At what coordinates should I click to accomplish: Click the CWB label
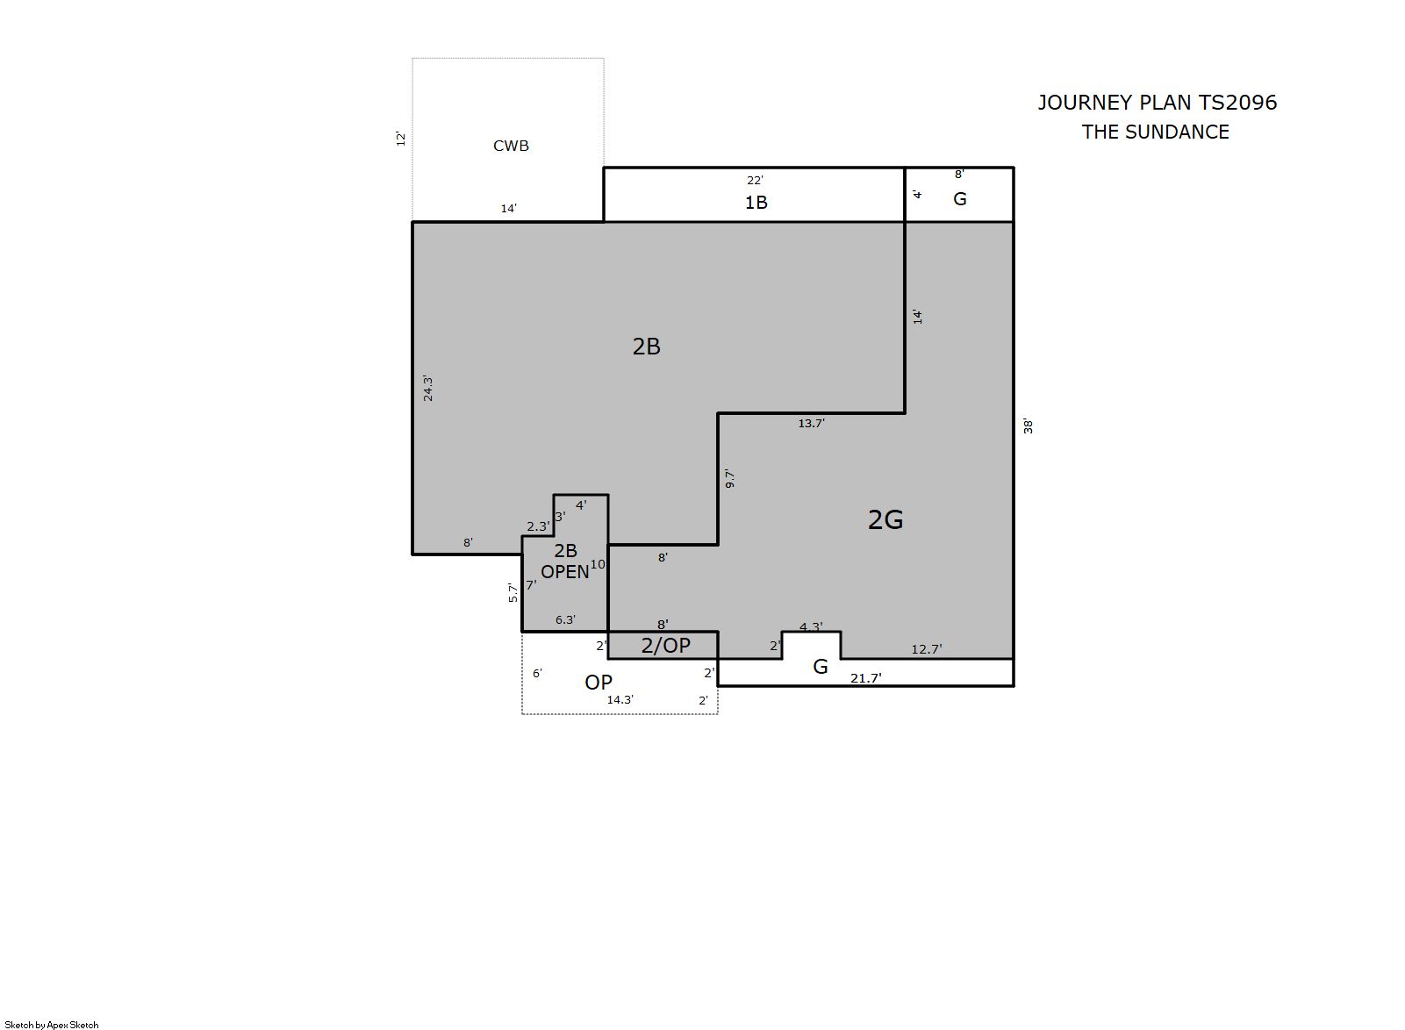pos(511,146)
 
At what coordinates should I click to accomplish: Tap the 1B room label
pos(756,203)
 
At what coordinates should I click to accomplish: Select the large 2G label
pos(885,519)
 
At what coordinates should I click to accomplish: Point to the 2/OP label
pos(665,646)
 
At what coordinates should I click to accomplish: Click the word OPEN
pos(564,572)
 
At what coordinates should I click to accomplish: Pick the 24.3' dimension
pos(427,388)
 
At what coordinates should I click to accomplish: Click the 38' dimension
pos(1028,426)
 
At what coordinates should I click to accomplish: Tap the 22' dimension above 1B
pos(755,181)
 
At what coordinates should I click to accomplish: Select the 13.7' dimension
pos(811,424)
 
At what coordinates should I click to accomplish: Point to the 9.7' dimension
pos(729,478)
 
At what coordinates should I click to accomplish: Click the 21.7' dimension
pos(865,677)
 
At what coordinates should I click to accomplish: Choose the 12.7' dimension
pos(927,649)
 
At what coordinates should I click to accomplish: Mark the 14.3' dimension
pos(620,699)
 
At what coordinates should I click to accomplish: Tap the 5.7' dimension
pos(513,592)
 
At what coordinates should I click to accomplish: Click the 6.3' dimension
pos(565,619)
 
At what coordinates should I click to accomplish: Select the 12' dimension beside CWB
pos(401,139)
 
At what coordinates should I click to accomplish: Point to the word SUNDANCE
pos(1177,132)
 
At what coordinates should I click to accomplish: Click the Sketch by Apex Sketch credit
pos(52,1025)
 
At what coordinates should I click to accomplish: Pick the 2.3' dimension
pos(538,526)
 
